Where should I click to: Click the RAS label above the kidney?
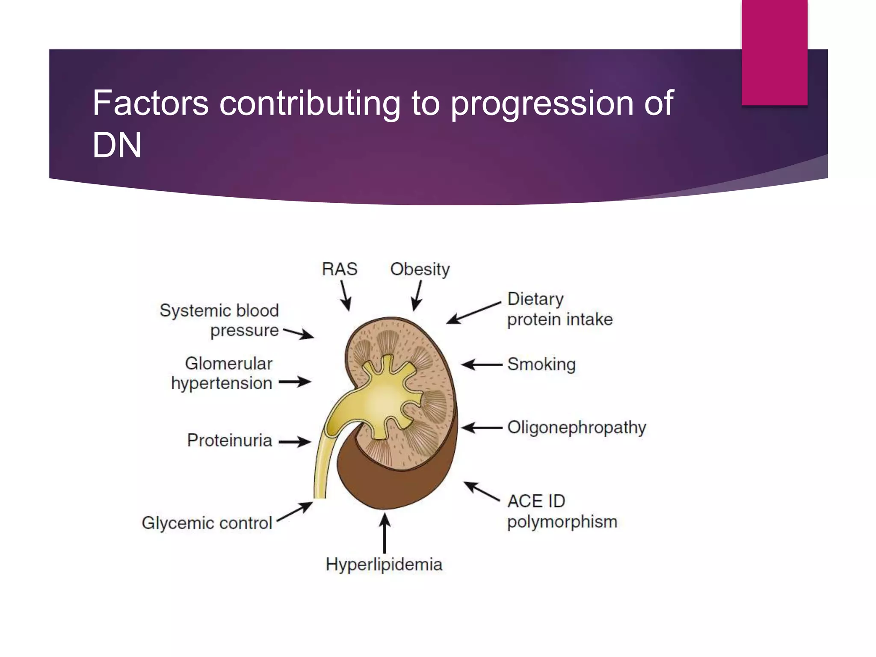339,269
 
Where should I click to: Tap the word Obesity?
420,269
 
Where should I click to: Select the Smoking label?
541,364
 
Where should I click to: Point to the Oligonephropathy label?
576,427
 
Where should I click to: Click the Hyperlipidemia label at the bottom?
384,565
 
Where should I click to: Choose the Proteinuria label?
229,441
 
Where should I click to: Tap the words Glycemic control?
207,523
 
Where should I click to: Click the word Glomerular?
228,364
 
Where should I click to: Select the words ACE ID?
536,501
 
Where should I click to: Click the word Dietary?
535,299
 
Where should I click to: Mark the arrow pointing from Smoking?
482,365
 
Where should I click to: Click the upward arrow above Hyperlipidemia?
385,533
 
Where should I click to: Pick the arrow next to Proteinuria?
295,441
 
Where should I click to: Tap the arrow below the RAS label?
346,295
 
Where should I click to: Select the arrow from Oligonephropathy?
482,427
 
